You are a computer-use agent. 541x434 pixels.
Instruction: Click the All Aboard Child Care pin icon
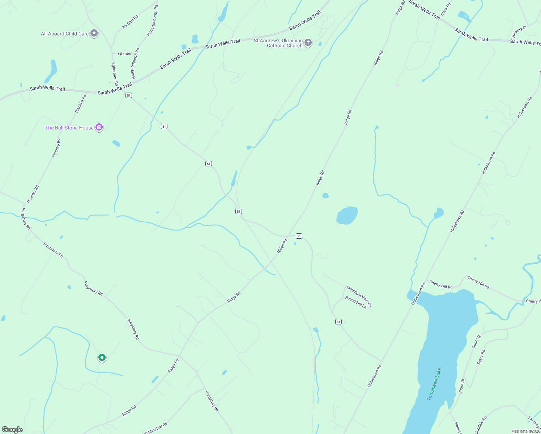click(x=94, y=34)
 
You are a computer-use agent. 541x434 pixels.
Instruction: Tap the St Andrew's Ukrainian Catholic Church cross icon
click(x=308, y=43)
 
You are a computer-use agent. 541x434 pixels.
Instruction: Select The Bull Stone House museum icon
click(x=99, y=127)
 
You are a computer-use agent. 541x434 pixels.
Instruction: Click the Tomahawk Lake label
click(x=434, y=384)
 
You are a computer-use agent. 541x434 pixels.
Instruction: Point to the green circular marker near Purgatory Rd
click(x=102, y=358)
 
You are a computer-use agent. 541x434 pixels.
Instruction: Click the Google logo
click(x=12, y=429)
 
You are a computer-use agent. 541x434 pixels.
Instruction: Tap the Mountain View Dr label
click(x=358, y=296)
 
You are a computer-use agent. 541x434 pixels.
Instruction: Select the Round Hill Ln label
click(x=356, y=302)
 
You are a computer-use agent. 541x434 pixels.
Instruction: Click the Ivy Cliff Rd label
click(x=130, y=22)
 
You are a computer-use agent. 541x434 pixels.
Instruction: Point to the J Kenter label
click(x=124, y=54)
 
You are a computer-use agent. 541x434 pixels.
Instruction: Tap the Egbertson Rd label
click(x=114, y=74)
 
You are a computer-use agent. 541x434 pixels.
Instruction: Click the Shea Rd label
click(x=446, y=9)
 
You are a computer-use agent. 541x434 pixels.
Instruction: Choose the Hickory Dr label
click(x=519, y=31)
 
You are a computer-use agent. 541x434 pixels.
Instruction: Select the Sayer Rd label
click(x=480, y=357)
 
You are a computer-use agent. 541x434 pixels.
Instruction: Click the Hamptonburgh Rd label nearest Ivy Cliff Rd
click(x=152, y=20)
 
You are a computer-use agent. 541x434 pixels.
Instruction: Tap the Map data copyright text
click(x=525, y=431)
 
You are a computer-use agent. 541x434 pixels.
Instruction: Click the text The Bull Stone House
click(x=69, y=128)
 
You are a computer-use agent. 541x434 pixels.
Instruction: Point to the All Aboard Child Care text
click(x=65, y=34)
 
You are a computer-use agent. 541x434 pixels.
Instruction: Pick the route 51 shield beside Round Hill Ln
click(x=338, y=322)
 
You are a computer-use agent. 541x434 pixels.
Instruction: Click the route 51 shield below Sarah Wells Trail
click(x=129, y=95)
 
